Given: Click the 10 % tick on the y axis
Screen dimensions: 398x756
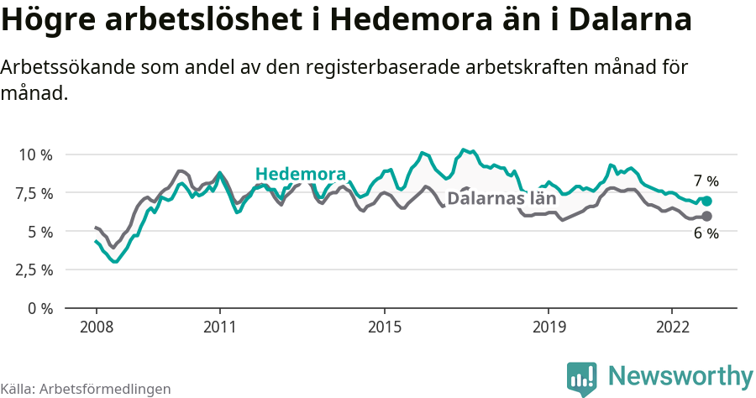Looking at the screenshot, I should click(x=34, y=155).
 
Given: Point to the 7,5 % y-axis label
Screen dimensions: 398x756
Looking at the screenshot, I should click(x=34, y=193).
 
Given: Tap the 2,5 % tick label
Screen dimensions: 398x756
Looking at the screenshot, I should click(x=34, y=270).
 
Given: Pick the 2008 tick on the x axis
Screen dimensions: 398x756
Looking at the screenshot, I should click(x=96, y=326).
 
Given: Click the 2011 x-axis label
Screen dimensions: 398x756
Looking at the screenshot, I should click(x=219, y=326).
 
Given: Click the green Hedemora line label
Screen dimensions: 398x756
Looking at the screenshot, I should click(x=301, y=174).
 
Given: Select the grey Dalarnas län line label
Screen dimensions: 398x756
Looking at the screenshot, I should click(x=501, y=199).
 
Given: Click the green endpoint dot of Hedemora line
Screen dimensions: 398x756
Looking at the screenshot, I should click(x=706, y=202).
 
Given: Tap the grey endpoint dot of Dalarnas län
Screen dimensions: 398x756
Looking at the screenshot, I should click(x=706, y=217).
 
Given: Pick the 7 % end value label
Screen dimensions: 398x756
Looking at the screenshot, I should click(x=706, y=181).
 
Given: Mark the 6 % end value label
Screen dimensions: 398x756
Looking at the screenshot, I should click(x=706, y=234).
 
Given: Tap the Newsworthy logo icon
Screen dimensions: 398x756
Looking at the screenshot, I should click(x=581, y=377).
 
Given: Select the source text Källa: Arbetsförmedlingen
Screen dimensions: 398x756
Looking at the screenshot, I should click(x=86, y=389).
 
